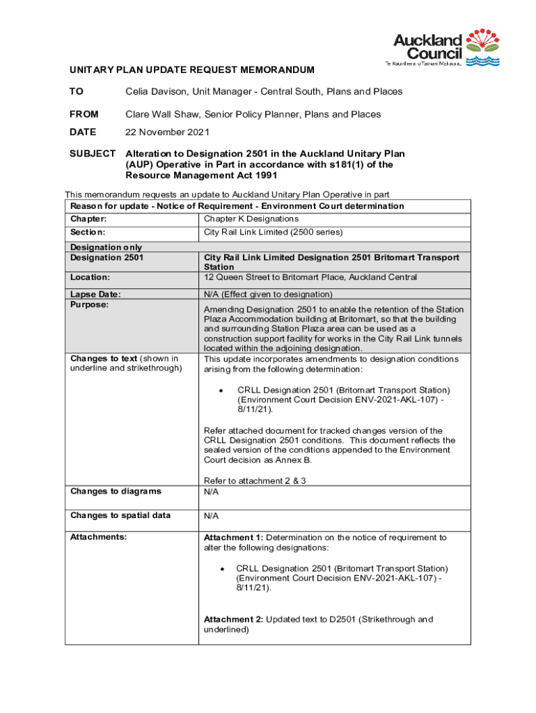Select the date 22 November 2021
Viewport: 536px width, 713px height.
point(167,132)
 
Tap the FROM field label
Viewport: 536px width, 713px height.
point(84,114)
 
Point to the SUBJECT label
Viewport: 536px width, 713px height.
point(92,153)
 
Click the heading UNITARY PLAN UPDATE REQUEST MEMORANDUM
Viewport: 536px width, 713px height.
point(191,70)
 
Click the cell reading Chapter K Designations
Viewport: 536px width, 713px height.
point(251,219)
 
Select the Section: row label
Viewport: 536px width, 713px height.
point(87,232)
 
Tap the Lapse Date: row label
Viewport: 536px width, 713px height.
point(95,295)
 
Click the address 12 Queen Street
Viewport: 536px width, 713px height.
point(237,277)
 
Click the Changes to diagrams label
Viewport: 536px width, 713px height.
point(116,492)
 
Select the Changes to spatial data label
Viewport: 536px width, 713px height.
point(120,515)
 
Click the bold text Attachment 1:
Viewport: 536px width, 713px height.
point(233,538)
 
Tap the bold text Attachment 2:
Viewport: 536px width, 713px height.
point(233,619)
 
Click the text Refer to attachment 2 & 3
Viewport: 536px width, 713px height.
point(254,480)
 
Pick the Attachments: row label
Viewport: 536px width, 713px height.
point(98,538)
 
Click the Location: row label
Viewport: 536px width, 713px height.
point(90,277)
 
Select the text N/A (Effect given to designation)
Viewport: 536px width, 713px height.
point(268,295)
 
